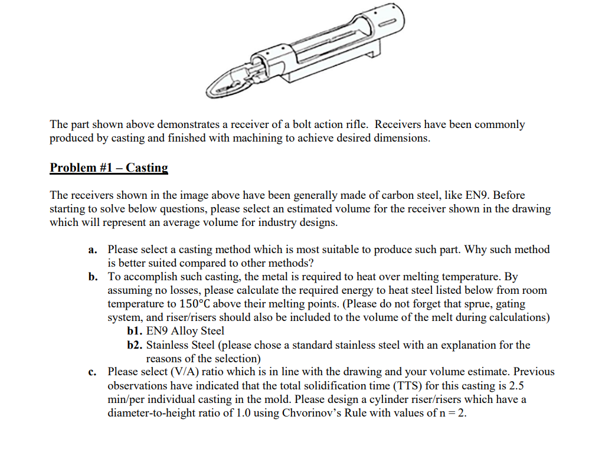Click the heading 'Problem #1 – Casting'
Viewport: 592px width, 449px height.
coord(109,168)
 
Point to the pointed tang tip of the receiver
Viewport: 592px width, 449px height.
coord(210,90)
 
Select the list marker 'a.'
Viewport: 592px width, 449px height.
coord(93,250)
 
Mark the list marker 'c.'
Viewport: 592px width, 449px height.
coord(93,372)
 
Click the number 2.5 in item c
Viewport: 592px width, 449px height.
coord(516,386)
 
